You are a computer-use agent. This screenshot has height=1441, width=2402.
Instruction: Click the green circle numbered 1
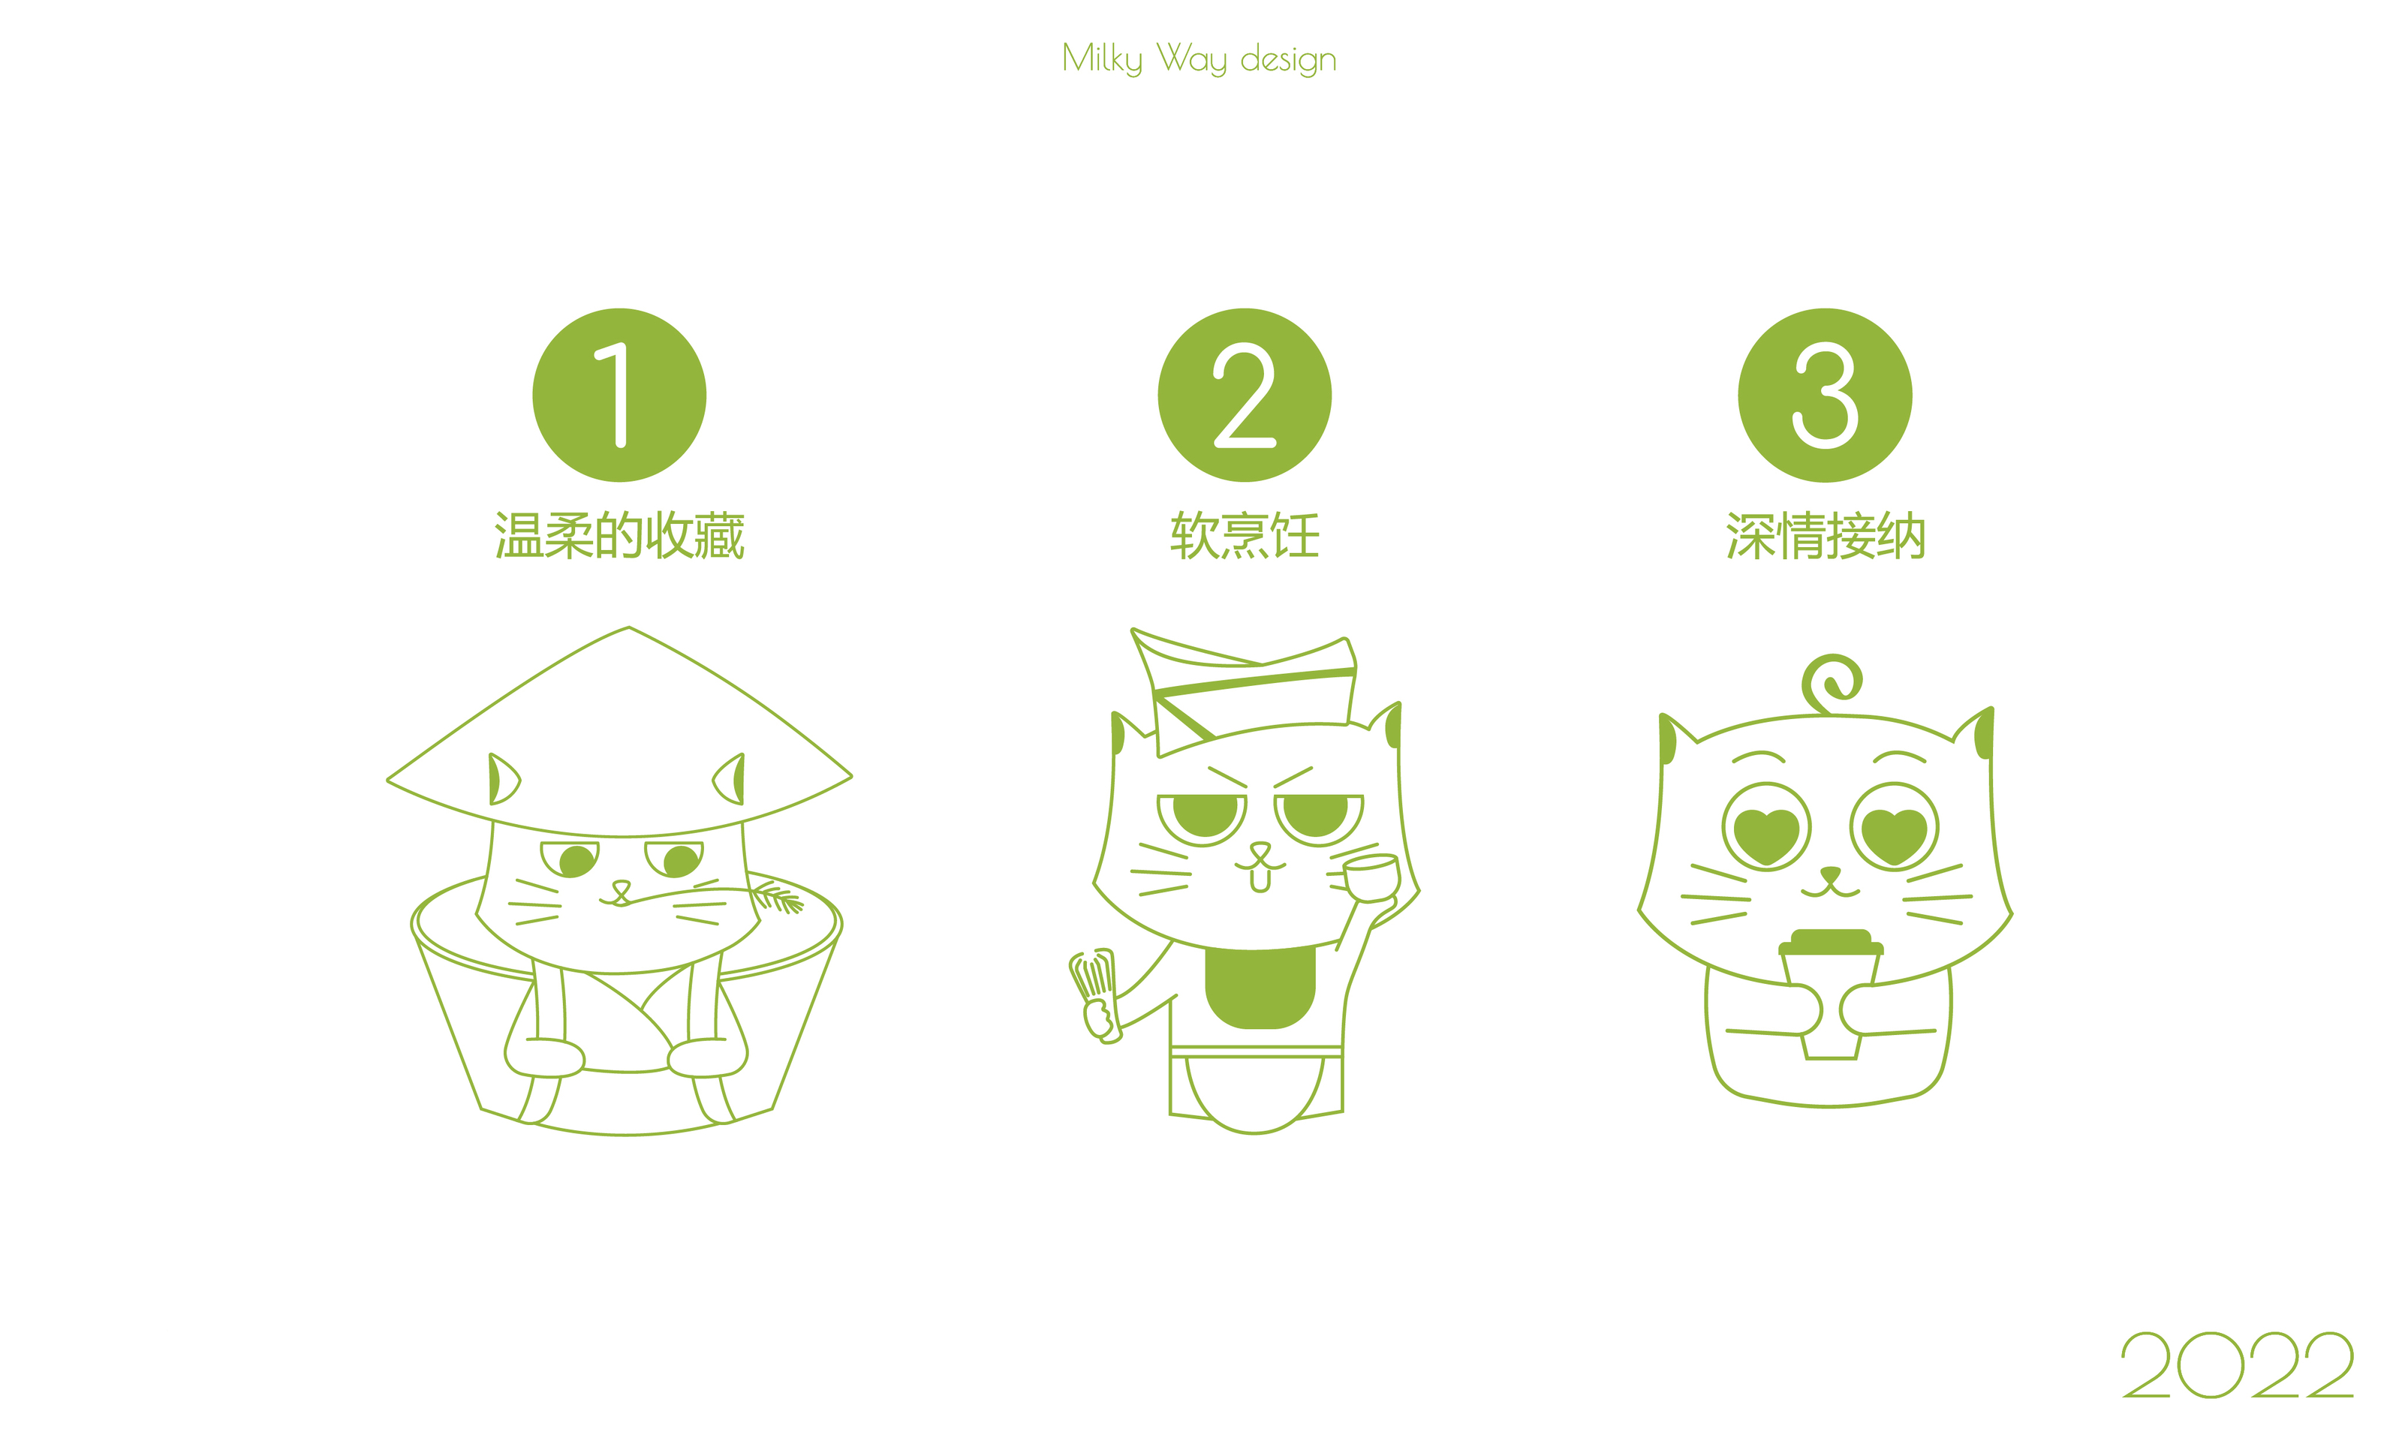point(619,396)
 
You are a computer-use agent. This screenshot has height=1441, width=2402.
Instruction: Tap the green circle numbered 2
point(1245,396)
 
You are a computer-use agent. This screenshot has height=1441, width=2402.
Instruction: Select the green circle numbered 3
point(1826,396)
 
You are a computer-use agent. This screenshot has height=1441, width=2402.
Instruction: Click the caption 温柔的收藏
point(619,536)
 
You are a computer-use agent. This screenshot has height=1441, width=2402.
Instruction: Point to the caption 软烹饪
point(1245,536)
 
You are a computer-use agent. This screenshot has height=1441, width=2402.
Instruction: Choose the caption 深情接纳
point(1826,536)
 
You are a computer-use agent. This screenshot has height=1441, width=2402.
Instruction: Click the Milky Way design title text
point(1199,59)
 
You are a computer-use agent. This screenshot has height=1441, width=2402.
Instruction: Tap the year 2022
point(2237,1364)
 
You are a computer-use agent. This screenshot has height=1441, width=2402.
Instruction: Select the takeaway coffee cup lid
point(1831,943)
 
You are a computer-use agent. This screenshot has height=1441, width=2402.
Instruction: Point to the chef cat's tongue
point(1260,880)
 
